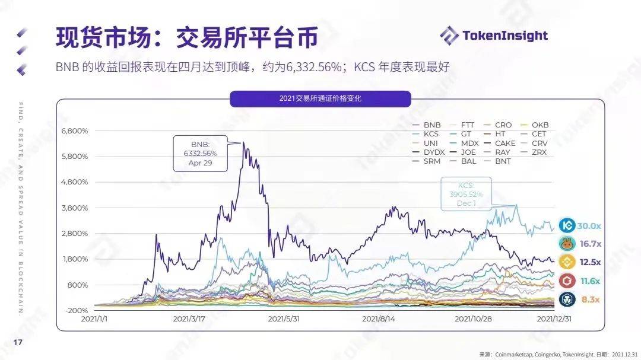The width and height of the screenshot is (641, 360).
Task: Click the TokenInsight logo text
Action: (504, 35)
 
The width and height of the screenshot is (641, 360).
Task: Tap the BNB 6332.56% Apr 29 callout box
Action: (200, 153)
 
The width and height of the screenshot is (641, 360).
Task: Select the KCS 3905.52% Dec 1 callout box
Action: (466, 193)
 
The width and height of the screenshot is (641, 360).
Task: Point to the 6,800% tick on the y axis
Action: (75, 130)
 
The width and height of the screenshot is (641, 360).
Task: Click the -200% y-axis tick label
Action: (77, 310)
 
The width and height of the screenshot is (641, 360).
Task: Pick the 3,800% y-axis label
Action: (75, 208)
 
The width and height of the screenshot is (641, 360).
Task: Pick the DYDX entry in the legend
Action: (434, 152)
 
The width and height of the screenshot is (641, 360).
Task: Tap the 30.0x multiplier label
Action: (589, 226)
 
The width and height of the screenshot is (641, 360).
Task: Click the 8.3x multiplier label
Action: (590, 300)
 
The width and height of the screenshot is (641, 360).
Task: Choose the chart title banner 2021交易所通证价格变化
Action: (320, 98)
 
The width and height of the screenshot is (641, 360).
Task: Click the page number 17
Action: (18, 342)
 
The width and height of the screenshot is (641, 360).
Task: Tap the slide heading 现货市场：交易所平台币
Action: (187, 37)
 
